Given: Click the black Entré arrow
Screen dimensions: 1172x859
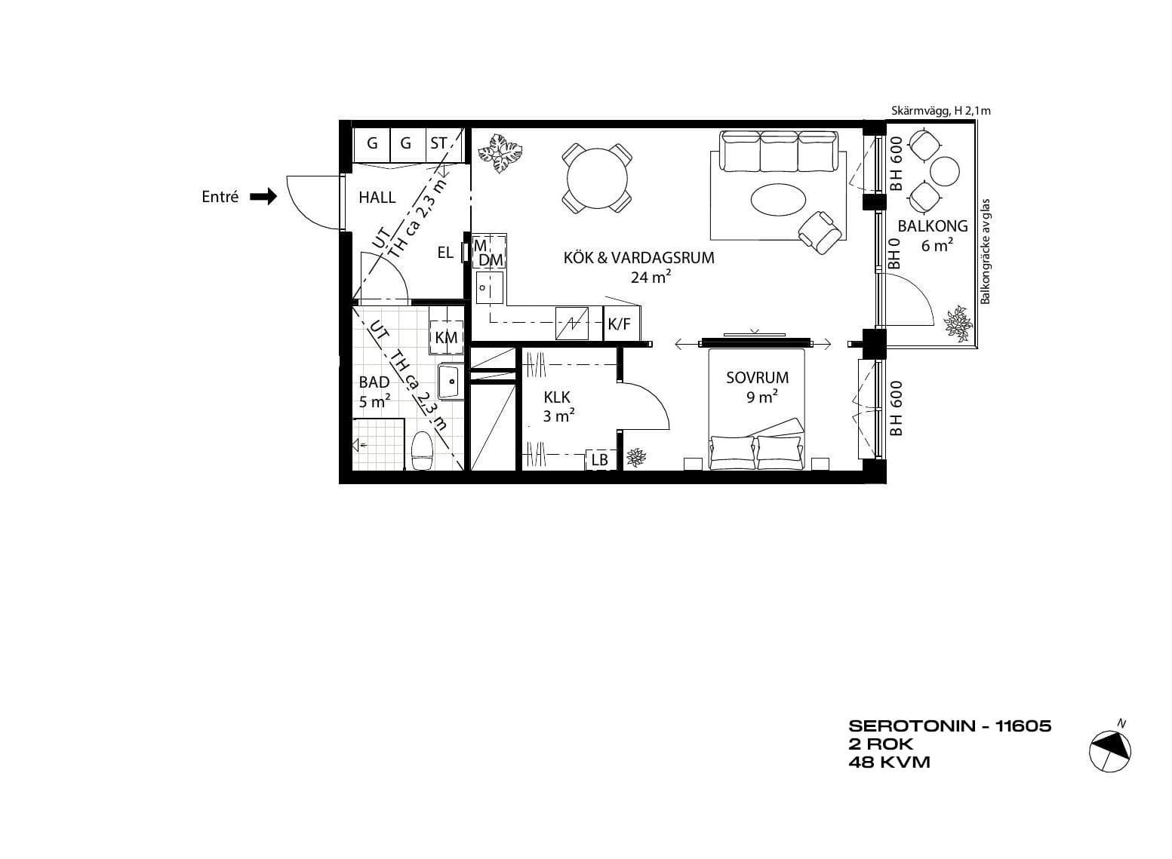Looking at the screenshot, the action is [263, 197].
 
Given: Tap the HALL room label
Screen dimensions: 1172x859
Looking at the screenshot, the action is [377, 198].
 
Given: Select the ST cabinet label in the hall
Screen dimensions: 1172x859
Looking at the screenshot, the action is [438, 143].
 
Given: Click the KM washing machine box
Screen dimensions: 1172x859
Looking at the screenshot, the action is [446, 338].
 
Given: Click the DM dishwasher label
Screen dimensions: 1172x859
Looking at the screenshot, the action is [491, 260].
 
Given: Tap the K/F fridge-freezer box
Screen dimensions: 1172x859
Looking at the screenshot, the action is [622, 324].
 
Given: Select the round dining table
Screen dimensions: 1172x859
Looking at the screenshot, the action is [597, 178].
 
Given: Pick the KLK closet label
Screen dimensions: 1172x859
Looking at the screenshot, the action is [557, 397].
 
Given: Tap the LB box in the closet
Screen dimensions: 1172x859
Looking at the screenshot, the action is [600, 459].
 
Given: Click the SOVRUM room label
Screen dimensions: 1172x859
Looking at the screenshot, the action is [757, 377].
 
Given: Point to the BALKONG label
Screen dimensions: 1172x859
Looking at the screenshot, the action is [933, 225].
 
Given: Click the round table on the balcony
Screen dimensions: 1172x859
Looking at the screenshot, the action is [945, 171].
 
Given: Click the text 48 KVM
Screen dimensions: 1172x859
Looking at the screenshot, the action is [890, 762].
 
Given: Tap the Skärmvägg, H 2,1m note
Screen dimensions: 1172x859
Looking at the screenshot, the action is [941, 111].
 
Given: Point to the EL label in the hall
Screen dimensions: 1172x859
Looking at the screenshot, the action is [445, 253].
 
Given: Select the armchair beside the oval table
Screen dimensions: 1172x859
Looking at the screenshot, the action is [819, 232].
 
